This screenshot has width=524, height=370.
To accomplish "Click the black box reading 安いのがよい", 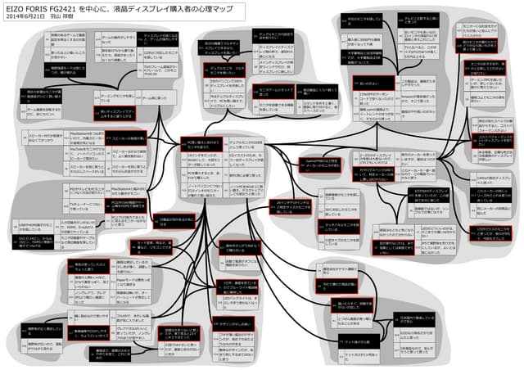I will pos(348,83).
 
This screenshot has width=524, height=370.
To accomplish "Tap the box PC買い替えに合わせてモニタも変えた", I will pos(200,144).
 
